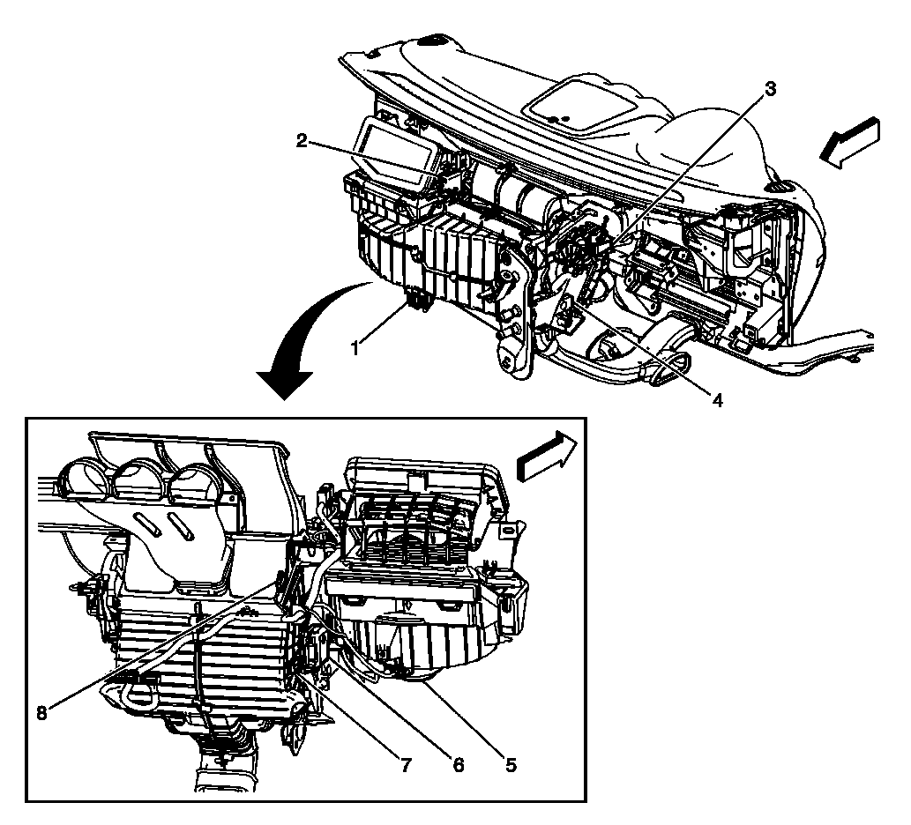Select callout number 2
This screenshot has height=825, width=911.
pos(302,140)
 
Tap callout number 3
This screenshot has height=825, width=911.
pos(770,88)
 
